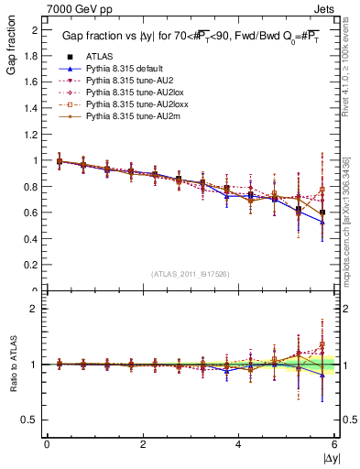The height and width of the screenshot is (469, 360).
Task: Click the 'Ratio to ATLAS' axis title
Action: pyautogui.click(x=11, y=364)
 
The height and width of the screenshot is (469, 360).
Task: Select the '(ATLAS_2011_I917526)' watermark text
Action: pyautogui.click(x=191, y=274)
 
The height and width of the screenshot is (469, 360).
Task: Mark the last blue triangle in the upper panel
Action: pyautogui.click(x=322, y=223)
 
